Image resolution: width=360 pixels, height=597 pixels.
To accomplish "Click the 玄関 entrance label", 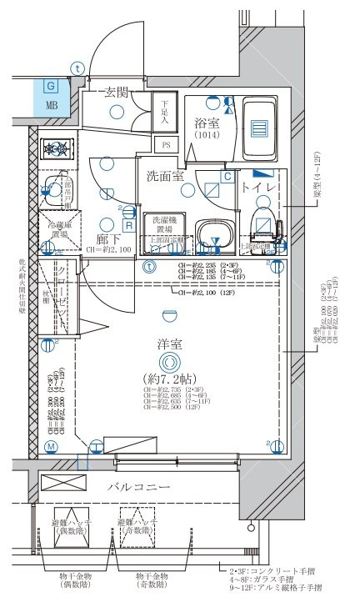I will [117, 93].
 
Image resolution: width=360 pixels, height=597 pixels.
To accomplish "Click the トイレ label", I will [259, 187].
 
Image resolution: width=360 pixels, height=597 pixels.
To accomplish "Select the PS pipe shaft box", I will [166, 145].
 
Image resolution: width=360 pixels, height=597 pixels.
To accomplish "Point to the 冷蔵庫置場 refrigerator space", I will [57, 230].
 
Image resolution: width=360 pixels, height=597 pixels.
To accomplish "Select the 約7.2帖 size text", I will [171, 379].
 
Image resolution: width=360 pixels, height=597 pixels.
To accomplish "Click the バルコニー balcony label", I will [138, 487].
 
